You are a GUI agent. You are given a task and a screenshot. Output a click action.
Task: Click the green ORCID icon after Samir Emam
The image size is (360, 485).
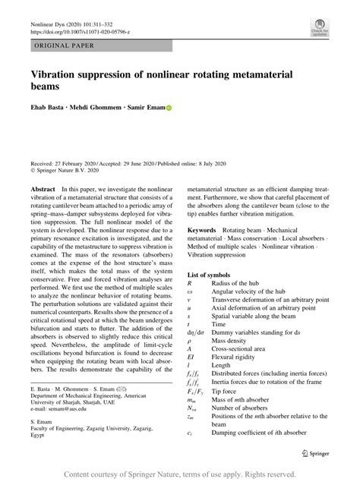pos(169,107)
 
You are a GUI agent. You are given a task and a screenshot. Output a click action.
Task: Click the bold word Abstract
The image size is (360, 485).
pos(46,187)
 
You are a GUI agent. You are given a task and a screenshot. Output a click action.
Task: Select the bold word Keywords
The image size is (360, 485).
pos(207,228)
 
